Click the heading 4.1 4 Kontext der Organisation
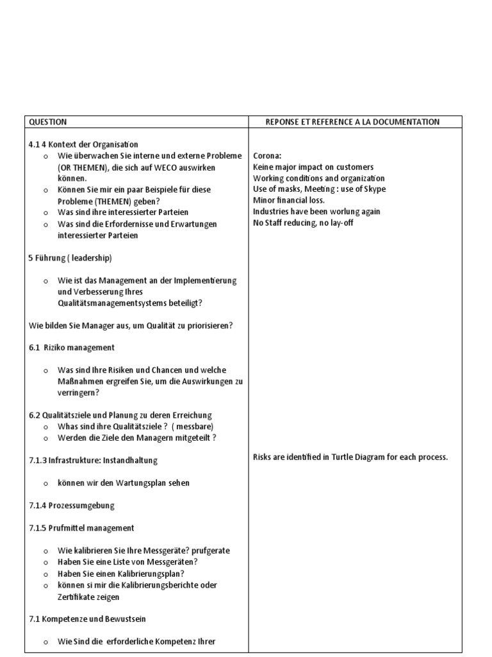click(x=83, y=144)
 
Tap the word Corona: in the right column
click(x=267, y=156)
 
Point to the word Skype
click(x=373, y=189)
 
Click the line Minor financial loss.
click(x=289, y=200)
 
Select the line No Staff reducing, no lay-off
click(x=303, y=223)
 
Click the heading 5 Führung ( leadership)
click(x=70, y=258)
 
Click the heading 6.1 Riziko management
click(x=72, y=348)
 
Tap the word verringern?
click(x=78, y=393)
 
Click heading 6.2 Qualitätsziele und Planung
click(x=120, y=415)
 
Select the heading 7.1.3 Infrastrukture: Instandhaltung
click(x=93, y=461)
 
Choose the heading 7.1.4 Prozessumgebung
click(x=72, y=506)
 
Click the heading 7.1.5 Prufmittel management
click(x=81, y=528)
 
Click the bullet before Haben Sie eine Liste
click(x=46, y=563)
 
